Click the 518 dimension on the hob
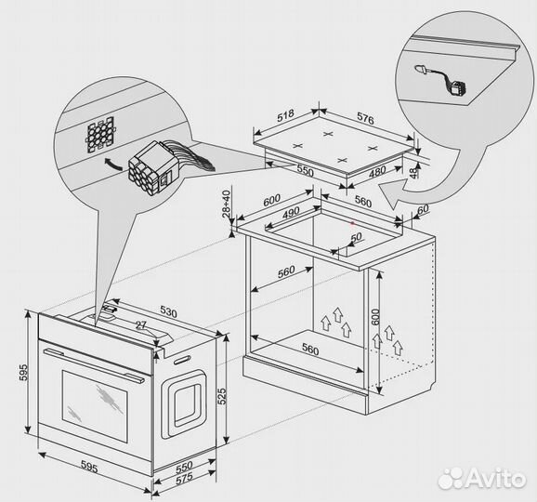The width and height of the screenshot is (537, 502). pyautogui.click(x=285, y=115)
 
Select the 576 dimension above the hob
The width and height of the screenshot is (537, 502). pyautogui.click(x=365, y=117)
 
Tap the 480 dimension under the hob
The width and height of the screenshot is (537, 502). pyautogui.click(x=377, y=171)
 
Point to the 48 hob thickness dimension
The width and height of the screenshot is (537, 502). pyautogui.click(x=414, y=172)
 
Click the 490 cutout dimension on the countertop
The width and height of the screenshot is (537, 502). pyautogui.click(x=291, y=213)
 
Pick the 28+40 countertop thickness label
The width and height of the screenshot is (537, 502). pyautogui.click(x=227, y=205)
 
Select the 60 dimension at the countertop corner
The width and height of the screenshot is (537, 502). pyautogui.click(x=423, y=209)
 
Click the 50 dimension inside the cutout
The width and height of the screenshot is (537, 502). pyautogui.click(x=356, y=237)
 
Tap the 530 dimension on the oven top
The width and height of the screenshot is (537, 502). pyautogui.click(x=168, y=312)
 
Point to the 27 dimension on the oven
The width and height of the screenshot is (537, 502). pyautogui.click(x=141, y=325)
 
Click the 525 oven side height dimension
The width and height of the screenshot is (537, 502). pyautogui.click(x=222, y=396)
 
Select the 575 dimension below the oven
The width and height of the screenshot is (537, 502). pyautogui.click(x=184, y=479)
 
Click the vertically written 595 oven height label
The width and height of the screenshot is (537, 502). pyautogui.click(x=23, y=372)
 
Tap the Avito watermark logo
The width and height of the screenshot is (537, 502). pyautogui.click(x=482, y=478)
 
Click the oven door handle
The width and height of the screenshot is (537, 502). pyautogui.click(x=94, y=366)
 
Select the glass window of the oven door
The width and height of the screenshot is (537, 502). pyautogui.click(x=95, y=406)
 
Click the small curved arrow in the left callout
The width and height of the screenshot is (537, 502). pyautogui.click(x=113, y=164)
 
